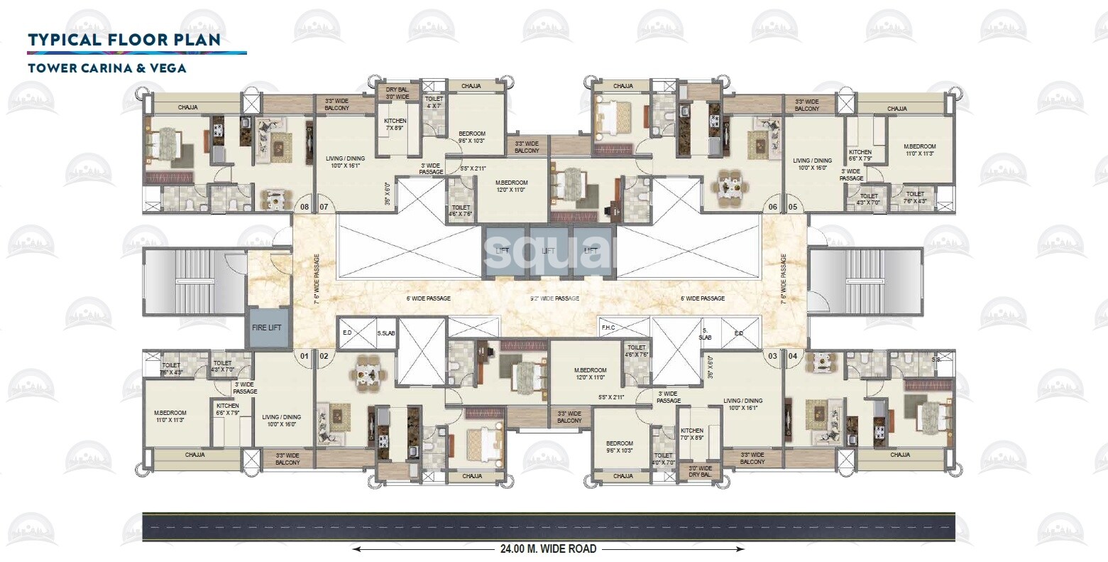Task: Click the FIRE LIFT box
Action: coord(269,328)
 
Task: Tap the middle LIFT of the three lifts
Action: coord(548,251)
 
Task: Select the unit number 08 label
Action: coord(305,207)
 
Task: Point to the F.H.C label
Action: coord(608,328)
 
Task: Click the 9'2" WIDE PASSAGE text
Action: coord(556,298)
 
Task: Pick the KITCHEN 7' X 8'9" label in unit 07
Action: coord(395,125)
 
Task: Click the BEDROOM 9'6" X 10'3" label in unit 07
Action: coord(471,137)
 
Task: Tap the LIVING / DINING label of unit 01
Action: coord(281,420)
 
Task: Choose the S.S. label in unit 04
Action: coord(936,360)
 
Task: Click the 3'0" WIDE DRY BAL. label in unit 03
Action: coord(700,472)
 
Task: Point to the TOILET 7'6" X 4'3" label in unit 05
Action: coord(915,197)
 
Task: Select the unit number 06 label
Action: coord(772,207)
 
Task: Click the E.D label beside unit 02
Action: coord(347,332)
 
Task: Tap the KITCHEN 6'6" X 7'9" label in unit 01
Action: coord(228,409)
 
